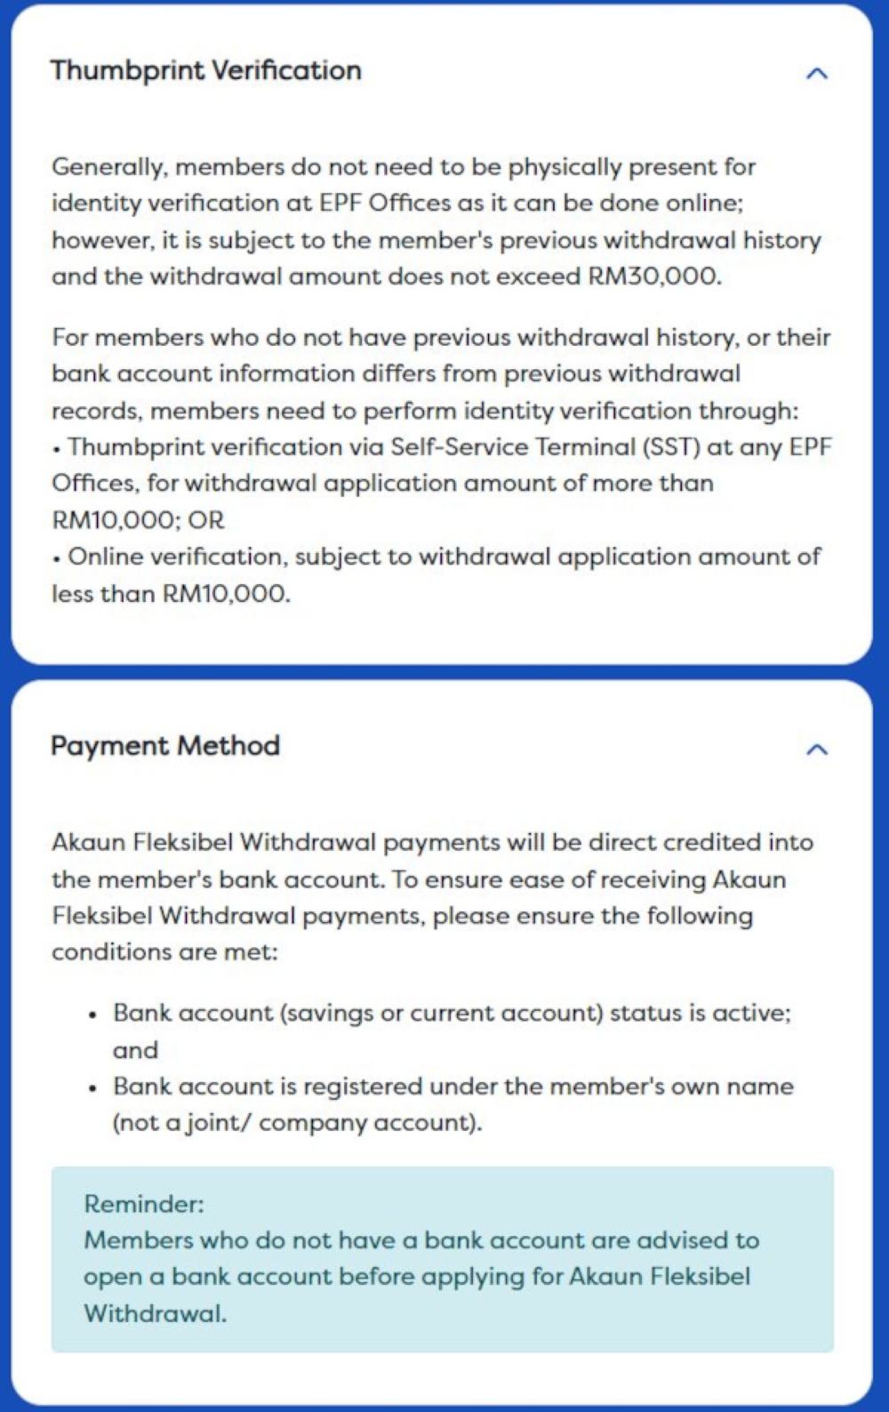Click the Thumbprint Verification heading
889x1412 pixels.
205,70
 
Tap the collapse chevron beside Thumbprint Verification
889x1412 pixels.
816,73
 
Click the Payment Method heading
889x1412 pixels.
165,745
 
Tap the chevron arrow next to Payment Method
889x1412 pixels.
816,750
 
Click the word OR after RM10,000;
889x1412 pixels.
206,520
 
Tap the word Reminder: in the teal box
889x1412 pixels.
144,1204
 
